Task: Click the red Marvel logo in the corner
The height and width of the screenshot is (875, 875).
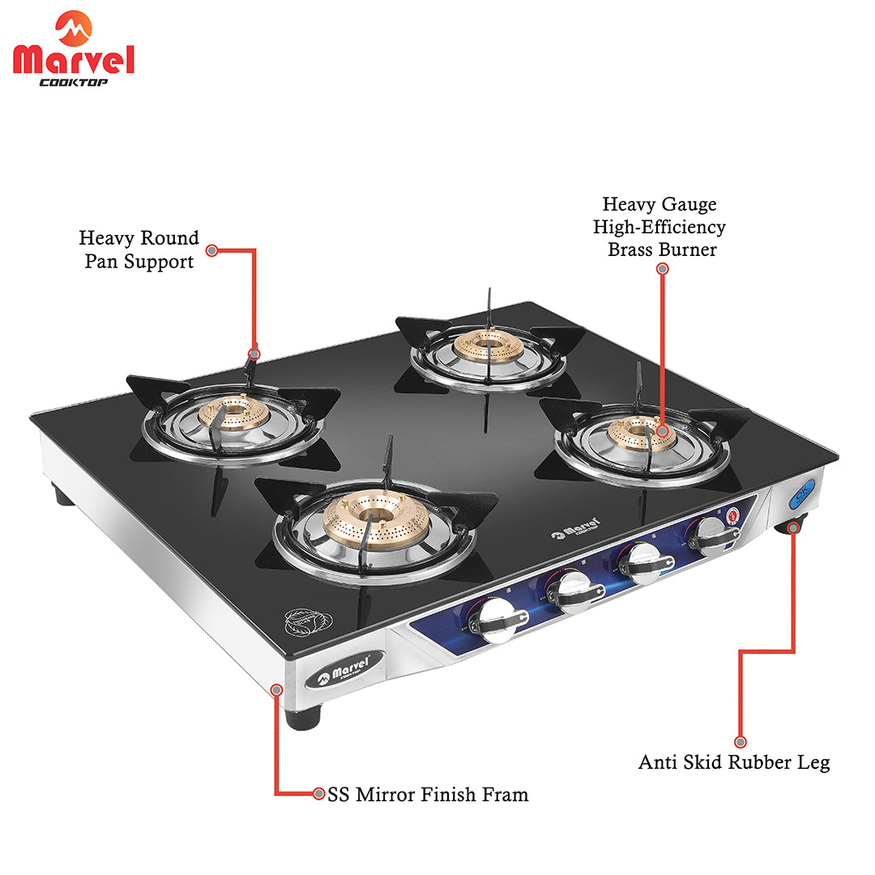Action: [x=73, y=49]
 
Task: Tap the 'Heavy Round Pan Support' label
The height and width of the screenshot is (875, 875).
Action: [x=139, y=250]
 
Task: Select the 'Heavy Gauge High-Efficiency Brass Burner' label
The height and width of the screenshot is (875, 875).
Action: [x=659, y=227]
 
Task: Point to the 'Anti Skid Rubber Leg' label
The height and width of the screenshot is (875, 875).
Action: [x=734, y=762]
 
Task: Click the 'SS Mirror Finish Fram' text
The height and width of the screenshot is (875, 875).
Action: [x=428, y=794]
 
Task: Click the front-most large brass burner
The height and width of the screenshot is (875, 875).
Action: [x=376, y=519]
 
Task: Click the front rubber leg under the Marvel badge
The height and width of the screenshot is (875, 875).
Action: [x=303, y=716]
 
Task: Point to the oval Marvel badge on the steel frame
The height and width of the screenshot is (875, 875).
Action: [x=345, y=668]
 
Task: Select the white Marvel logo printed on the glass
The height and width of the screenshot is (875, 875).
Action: [x=575, y=528]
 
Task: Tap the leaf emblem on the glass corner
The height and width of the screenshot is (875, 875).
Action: [x=309, y=621]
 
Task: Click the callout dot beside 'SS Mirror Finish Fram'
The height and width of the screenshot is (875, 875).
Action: [x=318, y=793]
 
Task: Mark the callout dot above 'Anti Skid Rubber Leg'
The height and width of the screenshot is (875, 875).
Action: [x=740, y=741]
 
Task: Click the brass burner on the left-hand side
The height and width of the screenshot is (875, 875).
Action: [x=234, y=412]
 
